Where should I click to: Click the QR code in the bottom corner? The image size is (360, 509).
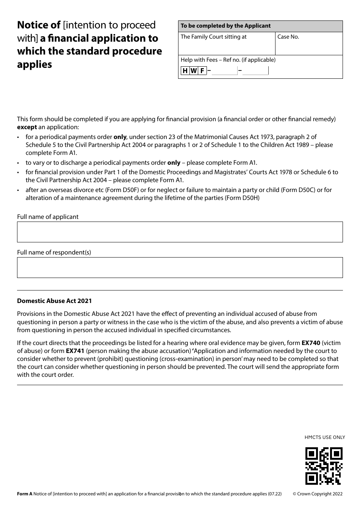324,466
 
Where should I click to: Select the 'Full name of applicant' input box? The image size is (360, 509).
180,232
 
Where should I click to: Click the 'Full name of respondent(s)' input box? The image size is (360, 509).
180,267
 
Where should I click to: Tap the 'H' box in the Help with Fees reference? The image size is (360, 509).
185,71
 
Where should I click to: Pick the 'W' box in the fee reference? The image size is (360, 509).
194,71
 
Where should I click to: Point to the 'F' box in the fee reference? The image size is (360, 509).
202,71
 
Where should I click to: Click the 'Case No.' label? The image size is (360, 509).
288,37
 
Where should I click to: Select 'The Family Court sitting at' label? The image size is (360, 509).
213,37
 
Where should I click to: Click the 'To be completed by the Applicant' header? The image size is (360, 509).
225,26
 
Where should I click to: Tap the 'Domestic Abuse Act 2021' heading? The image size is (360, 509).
54,301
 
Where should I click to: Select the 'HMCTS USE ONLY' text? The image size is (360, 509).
324,437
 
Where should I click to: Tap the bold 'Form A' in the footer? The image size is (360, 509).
25,493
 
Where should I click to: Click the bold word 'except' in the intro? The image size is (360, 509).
27,127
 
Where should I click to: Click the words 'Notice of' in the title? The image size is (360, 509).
39,25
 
